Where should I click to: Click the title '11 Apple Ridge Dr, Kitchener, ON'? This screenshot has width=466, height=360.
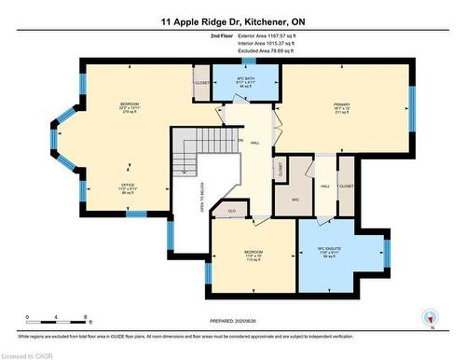click(x=232, y=20)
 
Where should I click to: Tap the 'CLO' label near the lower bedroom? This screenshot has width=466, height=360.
click(x=232, y=212)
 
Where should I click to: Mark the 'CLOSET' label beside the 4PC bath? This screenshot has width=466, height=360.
click(x=201, y=83)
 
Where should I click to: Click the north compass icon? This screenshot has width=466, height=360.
click(x=429, y=318)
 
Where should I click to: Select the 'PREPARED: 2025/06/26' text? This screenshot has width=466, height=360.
click(x=232, y=323)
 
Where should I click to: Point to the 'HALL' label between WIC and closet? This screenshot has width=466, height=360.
click(x=325, y=186)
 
